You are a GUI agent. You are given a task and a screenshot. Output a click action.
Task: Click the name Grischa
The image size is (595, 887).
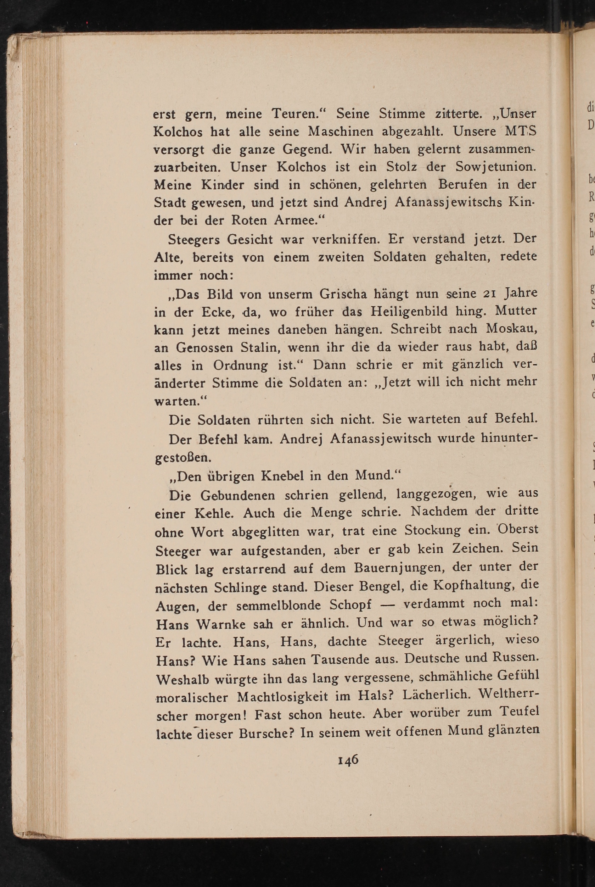(x=344, y=294)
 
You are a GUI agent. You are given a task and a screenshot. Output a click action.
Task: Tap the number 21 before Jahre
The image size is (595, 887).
(x=489, y=294)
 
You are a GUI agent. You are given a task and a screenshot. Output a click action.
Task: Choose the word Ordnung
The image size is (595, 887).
(x=240, y=365)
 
